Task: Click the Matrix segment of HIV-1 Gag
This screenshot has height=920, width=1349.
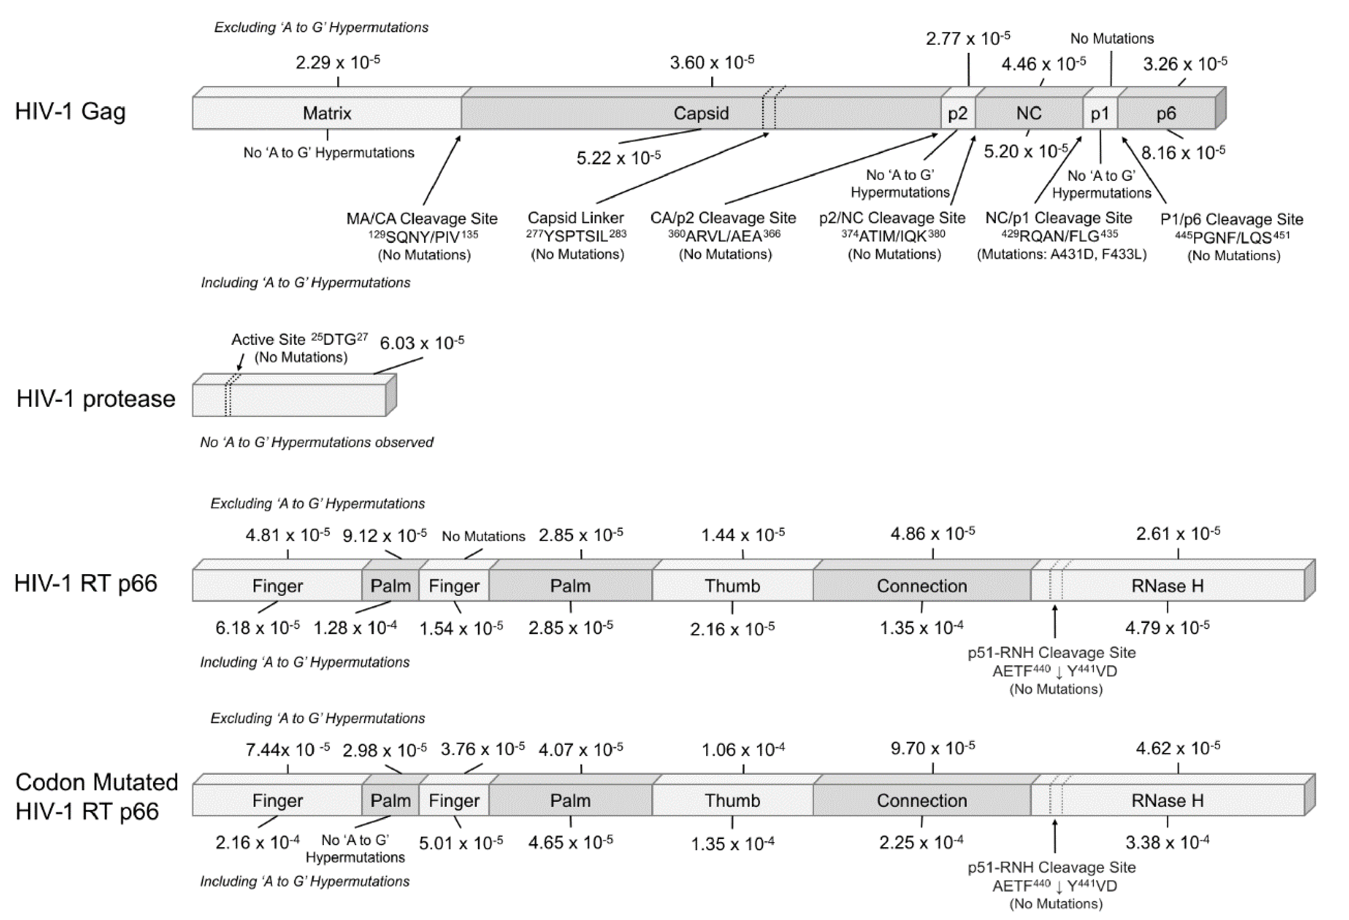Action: point(327,113)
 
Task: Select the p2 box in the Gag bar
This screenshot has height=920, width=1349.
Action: point(958,113)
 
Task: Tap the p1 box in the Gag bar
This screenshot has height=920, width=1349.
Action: point(1100,113)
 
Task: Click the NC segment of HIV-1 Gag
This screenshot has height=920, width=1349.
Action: point(1029,113)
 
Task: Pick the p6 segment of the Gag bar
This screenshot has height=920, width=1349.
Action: point(1165,113)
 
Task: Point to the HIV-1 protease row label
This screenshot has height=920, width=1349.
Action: point(96,399)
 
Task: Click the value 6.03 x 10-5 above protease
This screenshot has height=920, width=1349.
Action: point(421,343)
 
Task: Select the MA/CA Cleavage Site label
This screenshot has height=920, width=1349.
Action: point(422,219)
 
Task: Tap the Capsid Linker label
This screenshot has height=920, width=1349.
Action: point(575,218)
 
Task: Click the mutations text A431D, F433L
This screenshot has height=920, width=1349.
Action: point(1062,255)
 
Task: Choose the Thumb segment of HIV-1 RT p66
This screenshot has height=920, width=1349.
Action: point(732,586)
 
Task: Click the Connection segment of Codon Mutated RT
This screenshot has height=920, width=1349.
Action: point(922,800)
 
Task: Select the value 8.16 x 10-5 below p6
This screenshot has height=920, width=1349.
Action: point(1183,153)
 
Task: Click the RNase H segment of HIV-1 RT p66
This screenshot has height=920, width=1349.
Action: point(1167,586)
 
